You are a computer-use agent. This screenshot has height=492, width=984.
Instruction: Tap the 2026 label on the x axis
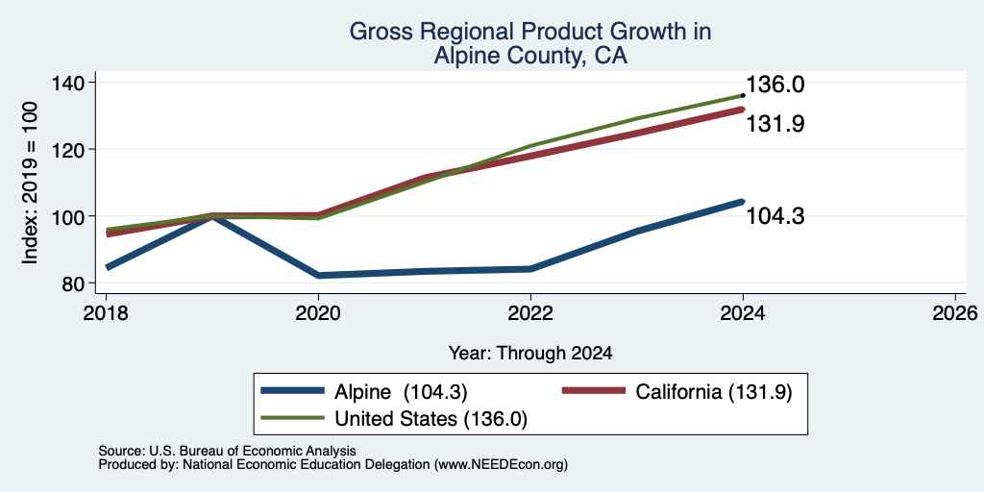tap(955, 312)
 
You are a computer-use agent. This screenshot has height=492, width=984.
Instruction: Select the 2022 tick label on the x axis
tap(530, 312)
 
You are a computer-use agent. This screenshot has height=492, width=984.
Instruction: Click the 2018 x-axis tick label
tap(106, 312)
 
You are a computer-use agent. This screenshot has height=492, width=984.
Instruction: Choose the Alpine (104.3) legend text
tap(401, 392)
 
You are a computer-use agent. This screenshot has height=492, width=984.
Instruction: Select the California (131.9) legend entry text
tap(714, 392)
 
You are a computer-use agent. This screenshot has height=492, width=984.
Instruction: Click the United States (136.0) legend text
tap(430, 419)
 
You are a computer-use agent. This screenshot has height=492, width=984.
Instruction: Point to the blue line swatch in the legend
tap(292, 392)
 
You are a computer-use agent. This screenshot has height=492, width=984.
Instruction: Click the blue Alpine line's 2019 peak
tap(212, 216)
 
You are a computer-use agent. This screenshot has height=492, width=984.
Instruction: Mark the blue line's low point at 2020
tap(318, 276)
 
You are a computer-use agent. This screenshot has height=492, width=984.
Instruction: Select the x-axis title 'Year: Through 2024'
tap(530, 354)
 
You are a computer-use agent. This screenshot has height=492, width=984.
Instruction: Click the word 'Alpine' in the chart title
tap(464, 57)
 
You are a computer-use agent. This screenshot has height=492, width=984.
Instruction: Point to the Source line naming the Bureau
tap(227, 451)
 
